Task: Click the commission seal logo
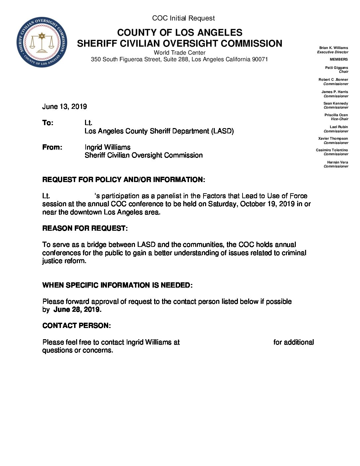click(x=42, y=42)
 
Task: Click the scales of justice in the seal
click(x=42, y=44)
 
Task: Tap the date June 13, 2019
click(x=65, y=107)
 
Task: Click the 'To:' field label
click(x=48, y=123)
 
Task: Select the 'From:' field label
click(x=52, y=147)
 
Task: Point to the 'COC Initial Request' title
click(x=183, y=18)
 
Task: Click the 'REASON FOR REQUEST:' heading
click(x=85, y=228)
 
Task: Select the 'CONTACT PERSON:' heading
click(x=76, y=326)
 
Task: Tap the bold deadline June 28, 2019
click(x=77, y=309)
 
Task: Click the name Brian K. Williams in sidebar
click(x=334, y=48)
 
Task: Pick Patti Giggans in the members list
click(x=337, y=68)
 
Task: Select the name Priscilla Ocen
click(x=336, y=115)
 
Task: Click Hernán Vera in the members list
click(x=337, y=162)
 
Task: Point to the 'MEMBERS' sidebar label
click(x=339, y=59)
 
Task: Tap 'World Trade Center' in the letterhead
click(x=179, y=53)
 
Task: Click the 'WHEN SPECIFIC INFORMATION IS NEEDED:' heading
click(x=117, y=285)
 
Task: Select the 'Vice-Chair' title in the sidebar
click(x=339, y=119)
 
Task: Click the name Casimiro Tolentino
click(x=332, y=150)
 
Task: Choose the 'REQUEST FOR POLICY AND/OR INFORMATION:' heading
click(x=123, y=180)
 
